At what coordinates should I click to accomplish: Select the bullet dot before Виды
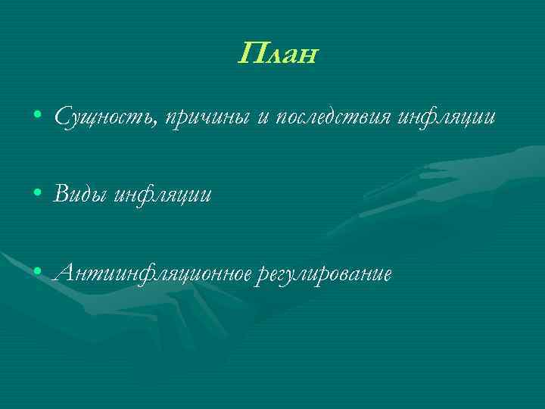tap(38, 195)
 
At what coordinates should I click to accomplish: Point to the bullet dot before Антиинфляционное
tap(38, 272)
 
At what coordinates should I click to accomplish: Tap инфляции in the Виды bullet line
tap(163, 195)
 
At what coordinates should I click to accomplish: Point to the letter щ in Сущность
tap(93, 120)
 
